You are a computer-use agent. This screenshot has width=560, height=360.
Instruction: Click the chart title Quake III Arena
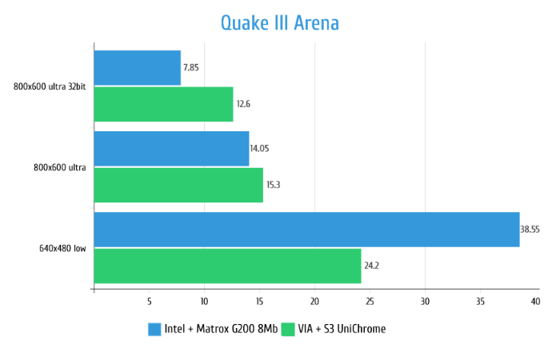[x=280, y=23]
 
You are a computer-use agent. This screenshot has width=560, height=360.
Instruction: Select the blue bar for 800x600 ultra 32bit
[x=137, y=68]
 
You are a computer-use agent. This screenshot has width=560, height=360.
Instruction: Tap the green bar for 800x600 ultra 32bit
[x=163, y=104]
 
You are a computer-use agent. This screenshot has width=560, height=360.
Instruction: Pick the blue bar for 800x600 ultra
[x=171, y=149]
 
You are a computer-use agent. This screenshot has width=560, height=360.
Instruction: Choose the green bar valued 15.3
[x=178, y=185]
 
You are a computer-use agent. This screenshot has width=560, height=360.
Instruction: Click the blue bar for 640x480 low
[x=306, y=230]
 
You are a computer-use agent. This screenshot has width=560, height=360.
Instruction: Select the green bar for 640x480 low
[x=227, y=266]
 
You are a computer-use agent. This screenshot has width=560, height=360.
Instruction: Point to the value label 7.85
[x=190, y=68]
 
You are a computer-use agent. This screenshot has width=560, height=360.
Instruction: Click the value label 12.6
[x=243, y=104]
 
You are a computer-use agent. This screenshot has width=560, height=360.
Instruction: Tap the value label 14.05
[x=259, y=149]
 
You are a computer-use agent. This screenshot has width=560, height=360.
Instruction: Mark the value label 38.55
[x=530, y=230]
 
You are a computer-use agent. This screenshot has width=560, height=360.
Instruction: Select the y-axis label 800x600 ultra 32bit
[x=50, y=86]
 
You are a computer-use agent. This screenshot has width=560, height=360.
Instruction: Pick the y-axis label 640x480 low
[x=63, y=248]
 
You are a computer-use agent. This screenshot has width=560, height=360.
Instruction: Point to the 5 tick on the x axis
[x=149, y=302]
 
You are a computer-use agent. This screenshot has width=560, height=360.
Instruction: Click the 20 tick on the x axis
[x=314, y=302]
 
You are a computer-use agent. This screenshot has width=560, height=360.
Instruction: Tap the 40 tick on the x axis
[x=534, y=302]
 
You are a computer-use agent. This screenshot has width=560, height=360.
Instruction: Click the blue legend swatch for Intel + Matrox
[x=155, y=329]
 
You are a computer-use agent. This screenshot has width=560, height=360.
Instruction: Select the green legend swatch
[x=289, y=329]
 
